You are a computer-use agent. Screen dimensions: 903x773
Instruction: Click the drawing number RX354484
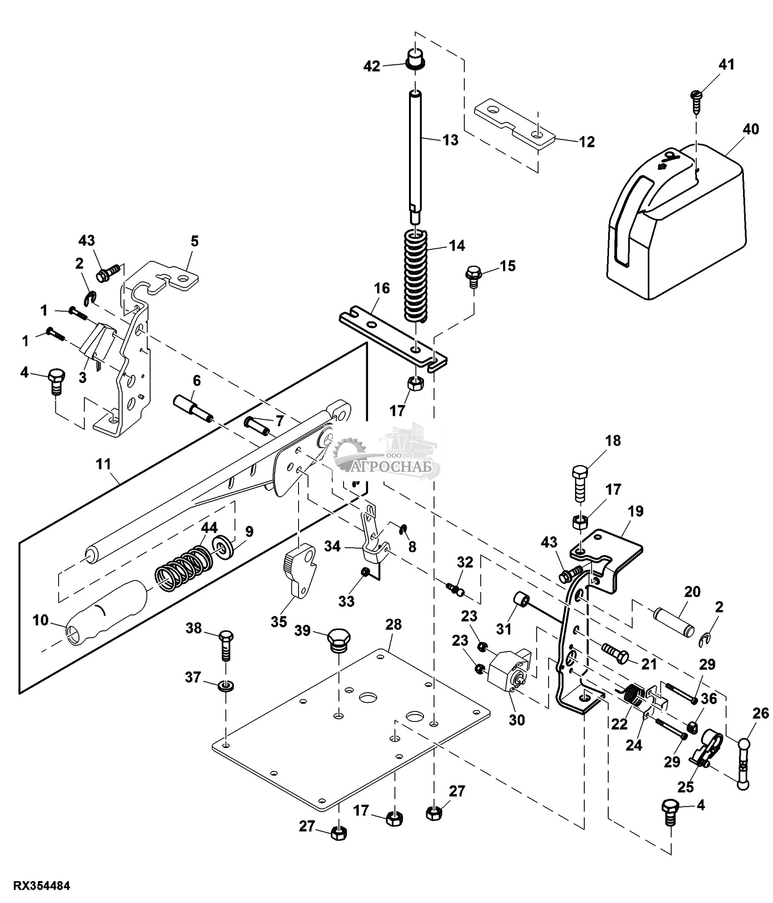click(x=42, y=886)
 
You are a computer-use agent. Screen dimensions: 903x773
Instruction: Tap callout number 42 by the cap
click(x=372, y=66)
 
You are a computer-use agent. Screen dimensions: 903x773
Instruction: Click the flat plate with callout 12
click(x=514, y=124)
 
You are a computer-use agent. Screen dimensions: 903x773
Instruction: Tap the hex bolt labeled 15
click(x=473, y=276)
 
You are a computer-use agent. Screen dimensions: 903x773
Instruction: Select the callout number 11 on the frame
click(x=104, y=465)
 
